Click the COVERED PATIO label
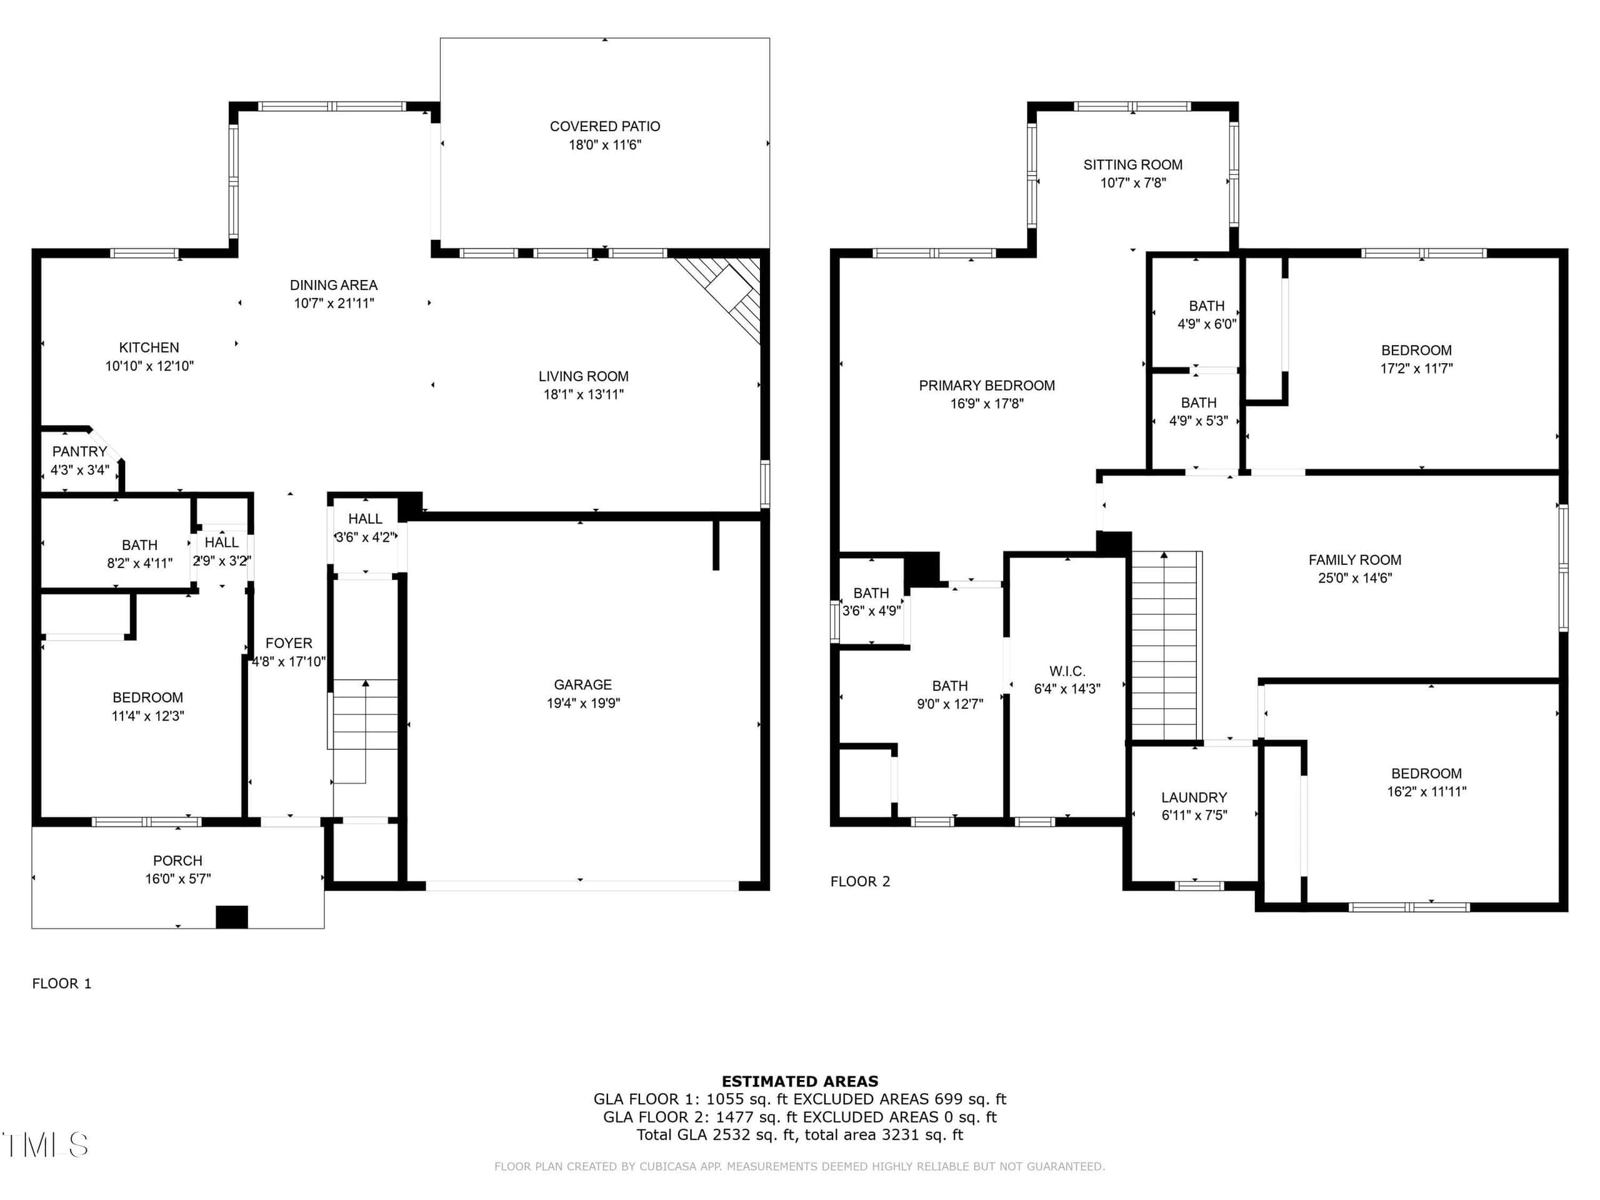605,127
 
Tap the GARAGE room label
583,684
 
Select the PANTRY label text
79,451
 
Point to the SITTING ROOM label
1132,165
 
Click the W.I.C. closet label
1067,671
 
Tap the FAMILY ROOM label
1355,560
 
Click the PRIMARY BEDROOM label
987,386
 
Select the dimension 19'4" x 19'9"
583,703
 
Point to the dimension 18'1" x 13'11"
584,394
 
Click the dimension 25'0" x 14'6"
1355,578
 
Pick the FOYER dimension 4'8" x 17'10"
289,661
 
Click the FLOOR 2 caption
860,881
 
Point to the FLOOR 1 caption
61,983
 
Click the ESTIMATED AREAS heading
800,1081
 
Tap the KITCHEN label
149,348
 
